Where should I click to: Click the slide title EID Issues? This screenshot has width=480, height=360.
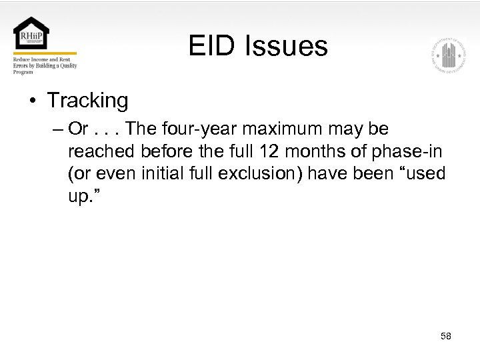coord(258,46)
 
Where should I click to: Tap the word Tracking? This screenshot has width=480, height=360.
coord(87,101)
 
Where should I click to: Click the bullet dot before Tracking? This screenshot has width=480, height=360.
coord(33,101)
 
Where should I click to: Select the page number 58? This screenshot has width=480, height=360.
coord(446,336)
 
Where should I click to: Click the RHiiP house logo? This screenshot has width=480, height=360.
coord(31,34)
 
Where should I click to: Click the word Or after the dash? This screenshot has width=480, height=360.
coord(79,128)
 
